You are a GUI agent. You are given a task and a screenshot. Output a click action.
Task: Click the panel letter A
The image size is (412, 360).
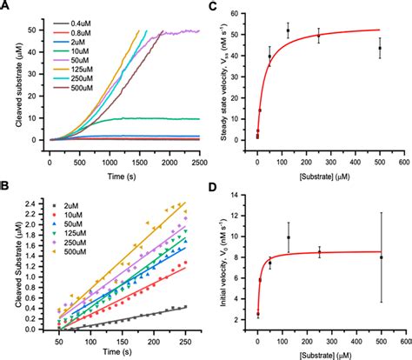(x=6, y=8)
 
